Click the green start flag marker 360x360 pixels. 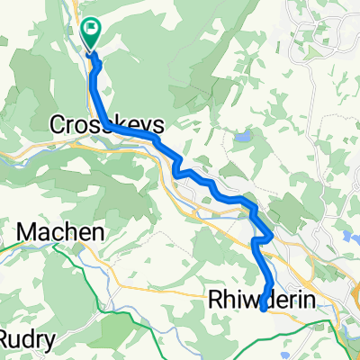point(92,33)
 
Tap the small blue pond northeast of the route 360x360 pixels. point(243,137)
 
